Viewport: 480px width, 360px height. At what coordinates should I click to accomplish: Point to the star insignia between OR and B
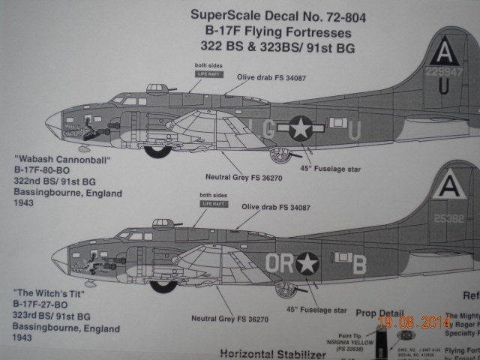click(x=307, y=263)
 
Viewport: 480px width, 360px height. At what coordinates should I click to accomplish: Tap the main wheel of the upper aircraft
click(x=157, y=149)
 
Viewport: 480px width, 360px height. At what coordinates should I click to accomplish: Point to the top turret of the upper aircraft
click(x=158, y=88)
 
